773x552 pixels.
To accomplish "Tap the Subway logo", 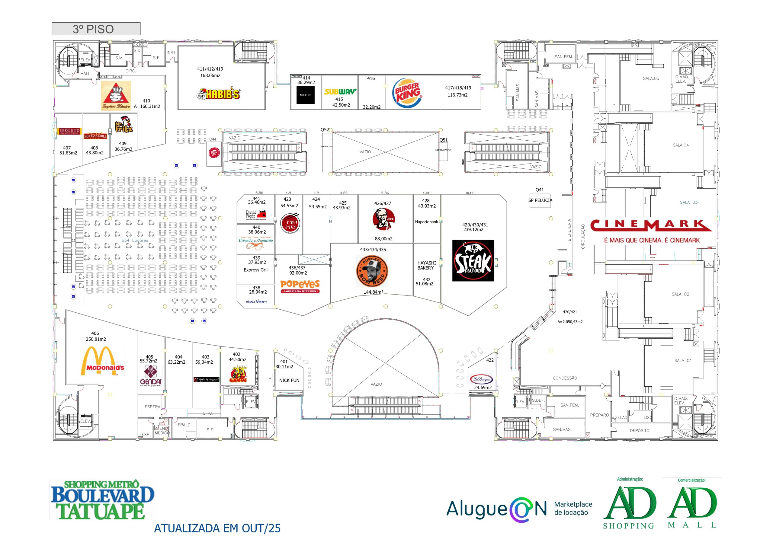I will click(x=340, y=91).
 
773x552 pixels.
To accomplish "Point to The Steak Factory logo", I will click(x=473, y=260).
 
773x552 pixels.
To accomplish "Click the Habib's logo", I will click(x=219, y=94).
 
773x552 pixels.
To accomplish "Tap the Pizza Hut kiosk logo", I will click(x=213, y=153).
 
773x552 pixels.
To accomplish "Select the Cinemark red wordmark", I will click(x=651, y=225).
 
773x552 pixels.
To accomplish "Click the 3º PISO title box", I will click(x=96, y=29).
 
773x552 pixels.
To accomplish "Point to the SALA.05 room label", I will click(x=651, y=78).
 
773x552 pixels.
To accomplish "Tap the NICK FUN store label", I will click(x=289, y=380).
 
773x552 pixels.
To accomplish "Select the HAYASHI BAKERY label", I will click(x=426, y=266).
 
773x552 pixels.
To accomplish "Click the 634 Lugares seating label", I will click(x=135, y=240).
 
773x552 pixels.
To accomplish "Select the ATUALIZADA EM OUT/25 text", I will click(x=217, y=528).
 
